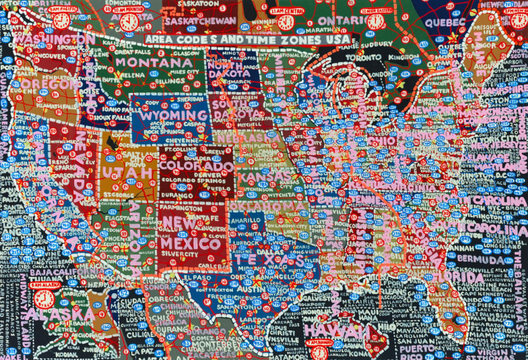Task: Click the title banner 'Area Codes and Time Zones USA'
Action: pyautogui.click(x=246, y=39)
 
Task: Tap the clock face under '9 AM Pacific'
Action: pyautogui.click(x=61, y=21)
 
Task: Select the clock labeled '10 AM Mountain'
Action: pyautogui.click(x=129, y=22)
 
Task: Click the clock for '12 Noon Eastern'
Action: pyautogui.click(x=375, y=21)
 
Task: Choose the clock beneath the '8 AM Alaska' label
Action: pyautogui.click(x=44, y=299)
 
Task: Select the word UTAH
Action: pyautogui.click(x=129, y=172)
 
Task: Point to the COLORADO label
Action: pyautogui.click(x=196, y=167)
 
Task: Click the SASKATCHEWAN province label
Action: pyautogui.click(x=194, y=22)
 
